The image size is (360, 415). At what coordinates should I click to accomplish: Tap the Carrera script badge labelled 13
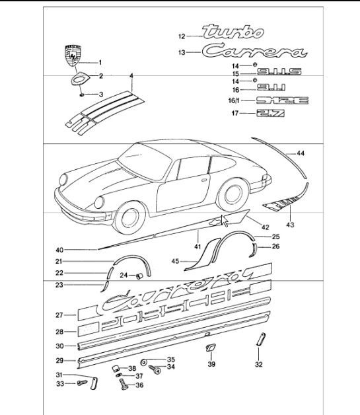pyautogui.click(x=254, y=52)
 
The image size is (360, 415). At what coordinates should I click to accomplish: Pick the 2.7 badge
pyautogui.click(x=270, y=114)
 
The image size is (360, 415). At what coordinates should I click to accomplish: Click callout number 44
pyautogui.click(x=301, y=153)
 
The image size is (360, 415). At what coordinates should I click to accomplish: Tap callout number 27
pyautogui.click(x=58, y=315)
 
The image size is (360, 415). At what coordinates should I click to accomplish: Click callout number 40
pyautogui.click(x=59, y=250)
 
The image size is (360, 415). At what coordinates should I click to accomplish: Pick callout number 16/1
pyautogui.click(x=232, y=100)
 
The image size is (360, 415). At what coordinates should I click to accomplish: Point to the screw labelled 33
pyautogui.click(x=82, y=383)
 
